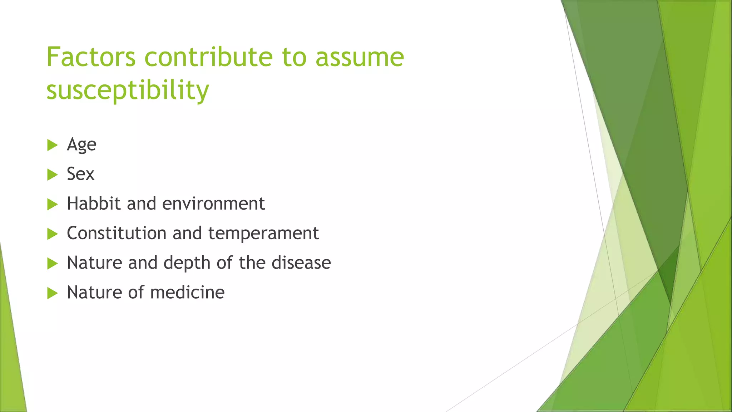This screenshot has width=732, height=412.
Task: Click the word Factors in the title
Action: (91, 57)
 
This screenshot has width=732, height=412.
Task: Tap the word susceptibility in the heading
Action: (128, 89)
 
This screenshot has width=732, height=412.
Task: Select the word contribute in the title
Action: (209, 57)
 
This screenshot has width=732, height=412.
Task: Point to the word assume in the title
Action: (360, 57)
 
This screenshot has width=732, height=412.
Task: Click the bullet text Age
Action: (81, 145)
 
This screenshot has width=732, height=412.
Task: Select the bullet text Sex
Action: (81, 174)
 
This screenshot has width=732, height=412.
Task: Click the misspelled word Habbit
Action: (94, 203)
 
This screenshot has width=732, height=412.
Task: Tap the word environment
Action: (213, 203)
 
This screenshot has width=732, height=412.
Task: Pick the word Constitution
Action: (117, 233)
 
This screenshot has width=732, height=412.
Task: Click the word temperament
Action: (263, 234)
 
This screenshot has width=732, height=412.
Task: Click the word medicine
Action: (187, 293)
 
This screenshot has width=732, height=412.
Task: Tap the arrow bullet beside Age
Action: (52, 145)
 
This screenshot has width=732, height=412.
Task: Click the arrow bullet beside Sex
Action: (52, 175)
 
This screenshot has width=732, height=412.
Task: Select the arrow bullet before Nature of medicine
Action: (52, 294)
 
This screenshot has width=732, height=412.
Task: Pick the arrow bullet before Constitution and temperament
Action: (52, 234)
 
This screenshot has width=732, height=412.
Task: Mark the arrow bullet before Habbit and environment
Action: (52, 205)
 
